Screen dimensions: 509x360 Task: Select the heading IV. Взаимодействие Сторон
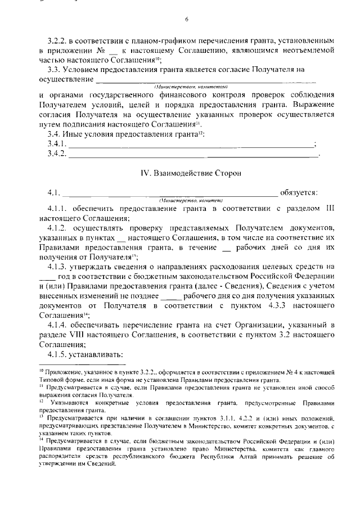point(186,174)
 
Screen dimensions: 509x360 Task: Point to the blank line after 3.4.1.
point(191,145)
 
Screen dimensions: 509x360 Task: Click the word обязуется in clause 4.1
point(299,193)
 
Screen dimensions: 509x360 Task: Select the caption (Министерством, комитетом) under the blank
point(190,87)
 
